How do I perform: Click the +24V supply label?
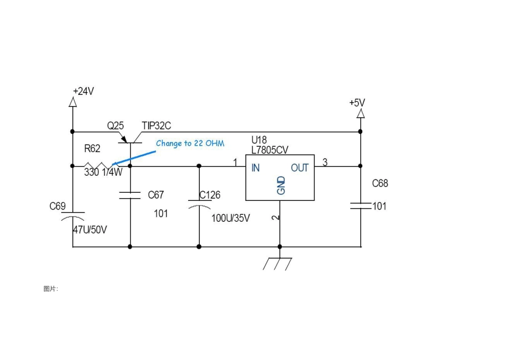[84, 91]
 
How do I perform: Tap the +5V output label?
[357, 103]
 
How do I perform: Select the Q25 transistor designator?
[116, 126]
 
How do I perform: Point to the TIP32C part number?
[156, 126]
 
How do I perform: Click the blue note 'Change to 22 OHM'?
[190, 144]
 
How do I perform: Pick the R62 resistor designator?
[92, 149]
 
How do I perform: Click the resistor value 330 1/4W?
[103, 172]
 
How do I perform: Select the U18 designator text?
[259, 140]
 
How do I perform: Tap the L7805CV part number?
[270, 150]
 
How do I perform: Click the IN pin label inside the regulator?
[256, 168]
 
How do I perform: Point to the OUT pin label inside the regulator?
[300, 168]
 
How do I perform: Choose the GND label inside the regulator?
[281, 186]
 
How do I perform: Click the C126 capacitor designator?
[209, 195]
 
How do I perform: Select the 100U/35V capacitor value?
[231, 218]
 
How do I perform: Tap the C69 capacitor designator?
[57, 206]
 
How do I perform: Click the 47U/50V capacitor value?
[90, 230]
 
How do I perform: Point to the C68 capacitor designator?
[380, 183]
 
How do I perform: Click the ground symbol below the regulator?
[278, 264]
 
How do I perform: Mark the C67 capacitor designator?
[156, 195]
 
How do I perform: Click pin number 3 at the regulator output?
[325, 162]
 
